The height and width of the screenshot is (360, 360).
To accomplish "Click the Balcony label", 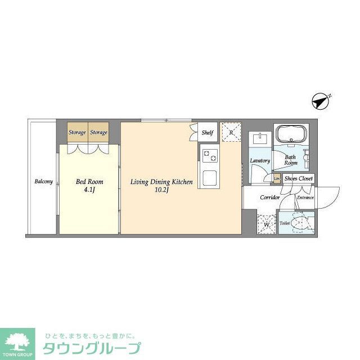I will (43, 181).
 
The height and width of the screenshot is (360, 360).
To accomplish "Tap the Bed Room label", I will (89, 182).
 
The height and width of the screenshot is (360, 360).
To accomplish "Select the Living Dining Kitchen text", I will (161, 182).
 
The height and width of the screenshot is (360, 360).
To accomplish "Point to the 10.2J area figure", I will (162, 190).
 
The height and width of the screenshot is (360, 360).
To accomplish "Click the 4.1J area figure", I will (90, 190).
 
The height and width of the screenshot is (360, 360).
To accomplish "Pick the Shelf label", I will (208, 133).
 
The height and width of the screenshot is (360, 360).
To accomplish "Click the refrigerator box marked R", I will (231, 133).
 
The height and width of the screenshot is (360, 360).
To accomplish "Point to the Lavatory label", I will (260, 161).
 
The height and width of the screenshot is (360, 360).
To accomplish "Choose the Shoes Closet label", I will (298, 179).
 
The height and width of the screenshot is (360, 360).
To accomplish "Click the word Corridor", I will (270, 197).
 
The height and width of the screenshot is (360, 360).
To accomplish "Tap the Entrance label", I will (305, 197).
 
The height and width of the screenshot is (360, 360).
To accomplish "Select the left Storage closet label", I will (77, 133).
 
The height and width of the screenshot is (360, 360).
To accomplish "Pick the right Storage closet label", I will (99, 133).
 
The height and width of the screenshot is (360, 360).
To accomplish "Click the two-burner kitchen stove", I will (210, 155).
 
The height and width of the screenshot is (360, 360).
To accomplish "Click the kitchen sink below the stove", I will (210, 177).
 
